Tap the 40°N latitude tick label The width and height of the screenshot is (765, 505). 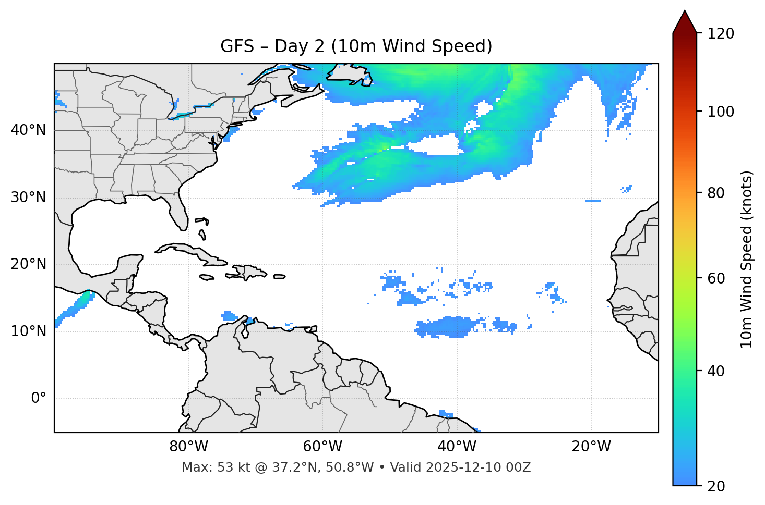28,130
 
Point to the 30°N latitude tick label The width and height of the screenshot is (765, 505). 28,198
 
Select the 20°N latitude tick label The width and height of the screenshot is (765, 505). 28,264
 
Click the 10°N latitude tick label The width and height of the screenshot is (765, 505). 28,331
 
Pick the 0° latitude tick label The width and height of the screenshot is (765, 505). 39,399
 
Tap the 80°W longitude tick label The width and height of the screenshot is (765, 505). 188,447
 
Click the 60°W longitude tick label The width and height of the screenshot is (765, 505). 322,447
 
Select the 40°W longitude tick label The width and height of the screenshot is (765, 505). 457,447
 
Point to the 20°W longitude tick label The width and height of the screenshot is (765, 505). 591,447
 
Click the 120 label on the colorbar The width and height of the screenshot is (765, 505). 720,34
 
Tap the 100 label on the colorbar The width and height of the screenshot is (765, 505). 720,112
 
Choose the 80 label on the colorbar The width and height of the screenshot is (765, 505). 716,193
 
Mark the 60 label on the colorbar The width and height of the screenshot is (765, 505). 716,278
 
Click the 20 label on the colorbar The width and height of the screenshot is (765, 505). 716,486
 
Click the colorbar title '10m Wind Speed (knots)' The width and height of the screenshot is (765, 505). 747,259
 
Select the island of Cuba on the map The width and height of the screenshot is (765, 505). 188,251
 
